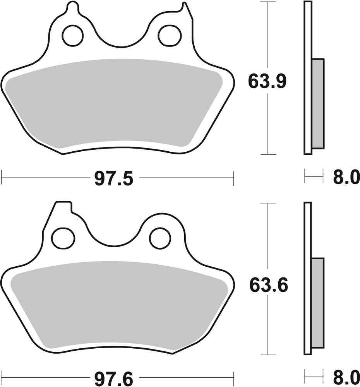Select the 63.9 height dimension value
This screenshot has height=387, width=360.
click(x=267, y=82)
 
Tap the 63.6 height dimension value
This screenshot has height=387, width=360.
click(x=268, y=286)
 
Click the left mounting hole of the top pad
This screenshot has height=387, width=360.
click(x=72, y=35)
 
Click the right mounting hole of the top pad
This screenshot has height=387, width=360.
click(x=169, y=35)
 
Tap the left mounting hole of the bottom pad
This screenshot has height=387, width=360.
click(x=63, y=238)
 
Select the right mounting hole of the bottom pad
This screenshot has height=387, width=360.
click(x=160, y=238)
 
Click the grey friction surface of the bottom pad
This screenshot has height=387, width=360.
click(x=118, y=306)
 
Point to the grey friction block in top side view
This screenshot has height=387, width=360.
click(x=317, y=104)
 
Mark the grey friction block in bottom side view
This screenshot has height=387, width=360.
click(x=317, y=303)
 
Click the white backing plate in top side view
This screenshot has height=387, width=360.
click(x=308, y=31)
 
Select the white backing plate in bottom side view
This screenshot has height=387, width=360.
click(x=308, y=232)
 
